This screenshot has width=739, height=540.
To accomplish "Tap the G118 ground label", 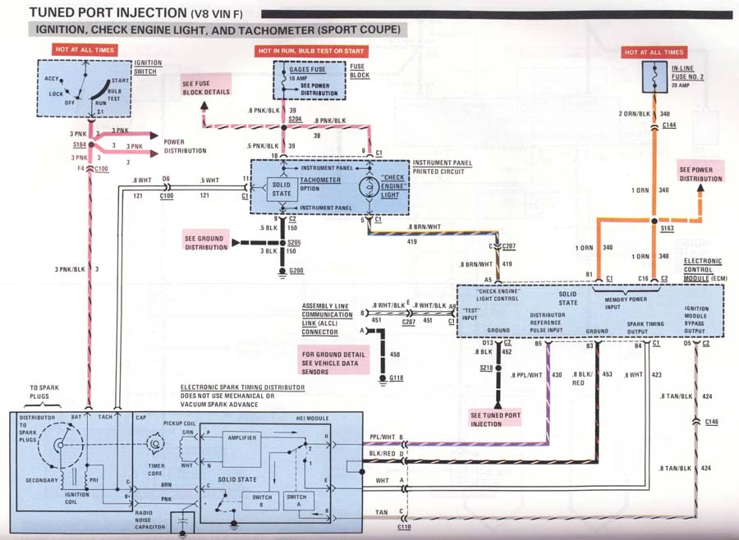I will tap(397, 378).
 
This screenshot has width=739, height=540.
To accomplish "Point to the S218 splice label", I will tap(486, 370).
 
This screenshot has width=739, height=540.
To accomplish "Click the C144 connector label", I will tap(668, 126).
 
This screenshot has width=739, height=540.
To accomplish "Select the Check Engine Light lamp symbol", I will tap(367, 186).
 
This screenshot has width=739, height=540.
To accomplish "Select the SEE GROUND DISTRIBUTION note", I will tap(207, 243).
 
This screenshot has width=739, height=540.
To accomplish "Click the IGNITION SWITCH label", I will tap(148, 66).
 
